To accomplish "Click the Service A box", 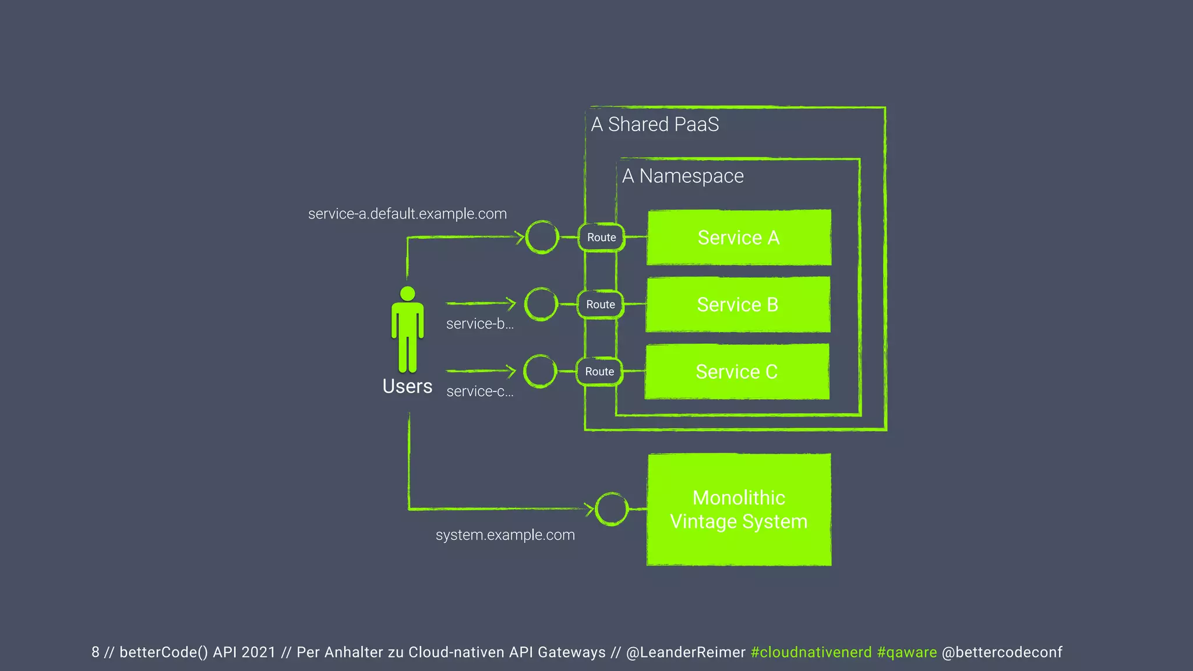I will click(x=739, y=238).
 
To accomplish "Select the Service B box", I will click(x=737, y=305).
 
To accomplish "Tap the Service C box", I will click(x=736, y=372).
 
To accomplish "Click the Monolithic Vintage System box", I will click(x=739, y=510).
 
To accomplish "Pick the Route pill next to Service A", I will click(x=601, y=238).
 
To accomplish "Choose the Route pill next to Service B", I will click(x=600, y=305).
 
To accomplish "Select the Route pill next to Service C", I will click(x=599, y=372).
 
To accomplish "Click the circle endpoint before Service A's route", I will click(x=542, y=237).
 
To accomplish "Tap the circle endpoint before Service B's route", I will click(x=541, y=304).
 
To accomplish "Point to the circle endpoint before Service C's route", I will click(x=540, y=371).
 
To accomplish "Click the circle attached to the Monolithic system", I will click(x=612, y=508).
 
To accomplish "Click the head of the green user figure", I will click(x=408, y=294).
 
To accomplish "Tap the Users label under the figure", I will click(x=407, y=386).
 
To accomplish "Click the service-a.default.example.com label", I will click(x=407, y=214).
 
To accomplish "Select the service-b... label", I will click(x=480, y=324).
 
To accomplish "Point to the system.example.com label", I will click(x=505, y=535).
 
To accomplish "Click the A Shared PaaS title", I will click(x=655, y=125).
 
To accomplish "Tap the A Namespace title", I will click(x=683, y=176).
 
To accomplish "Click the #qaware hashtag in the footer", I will click(x=906, y=652).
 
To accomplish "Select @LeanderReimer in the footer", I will click(x=686, y=652).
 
